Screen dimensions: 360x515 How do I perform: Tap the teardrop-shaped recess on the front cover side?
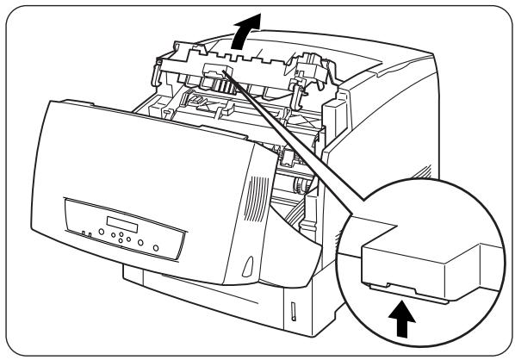click(246, 263)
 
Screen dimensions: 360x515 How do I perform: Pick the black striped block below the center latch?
click(220, 87)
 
